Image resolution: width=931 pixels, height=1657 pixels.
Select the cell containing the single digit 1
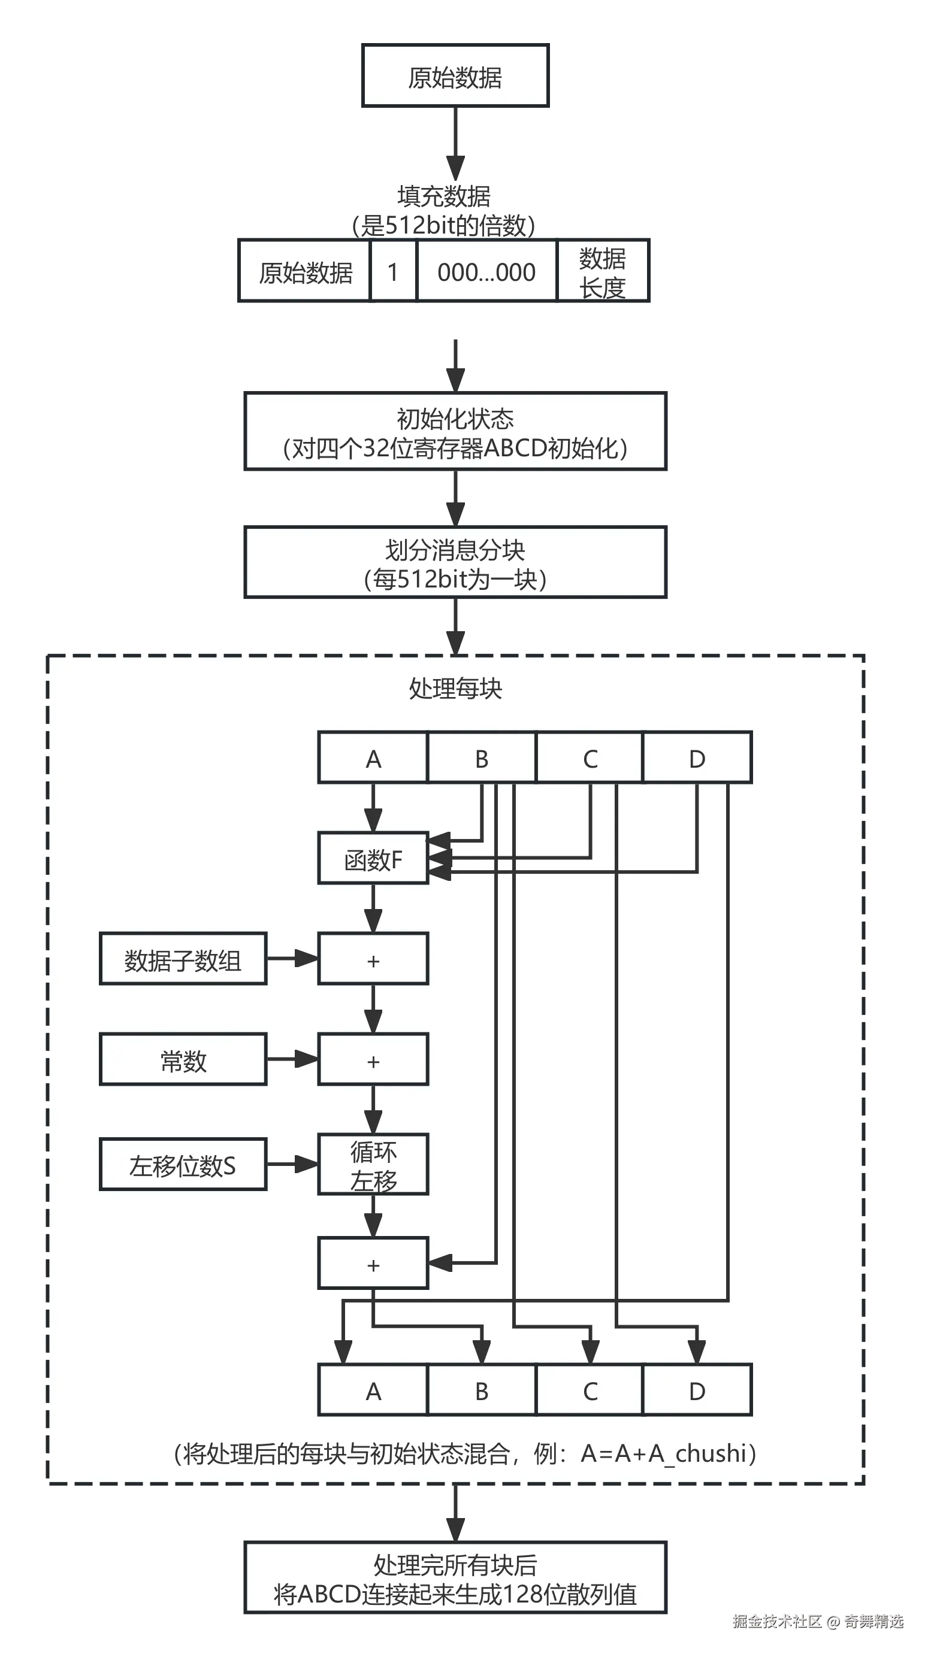click(392, 271)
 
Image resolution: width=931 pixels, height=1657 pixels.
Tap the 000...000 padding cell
click(486, 271)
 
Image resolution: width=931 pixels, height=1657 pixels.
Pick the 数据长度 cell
click(602, 271)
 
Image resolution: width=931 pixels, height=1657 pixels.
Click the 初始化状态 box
click(455, 432)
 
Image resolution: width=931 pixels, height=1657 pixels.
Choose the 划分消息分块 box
click(455, 564)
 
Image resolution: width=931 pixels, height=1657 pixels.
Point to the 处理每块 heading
click(455, 688)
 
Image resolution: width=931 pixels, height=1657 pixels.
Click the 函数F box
click(373, 859)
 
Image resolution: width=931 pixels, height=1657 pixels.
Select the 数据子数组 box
click(183, 959)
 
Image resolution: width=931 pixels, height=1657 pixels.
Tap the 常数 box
click(183, 1060)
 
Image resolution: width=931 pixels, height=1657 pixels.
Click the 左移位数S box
click(183, 1165)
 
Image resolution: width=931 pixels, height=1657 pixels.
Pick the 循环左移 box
click(373, 1165)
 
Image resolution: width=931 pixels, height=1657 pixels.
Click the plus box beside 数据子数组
click(373, 959)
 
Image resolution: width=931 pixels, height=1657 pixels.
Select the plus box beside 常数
click(373, 1060)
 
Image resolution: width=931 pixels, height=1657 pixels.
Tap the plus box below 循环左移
click(373, 1264)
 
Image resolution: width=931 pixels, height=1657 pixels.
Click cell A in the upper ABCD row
click(373, 758)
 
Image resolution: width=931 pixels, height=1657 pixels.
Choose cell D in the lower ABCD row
click(697, 1390)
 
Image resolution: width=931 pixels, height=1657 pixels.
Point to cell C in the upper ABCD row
click(590, 758)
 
